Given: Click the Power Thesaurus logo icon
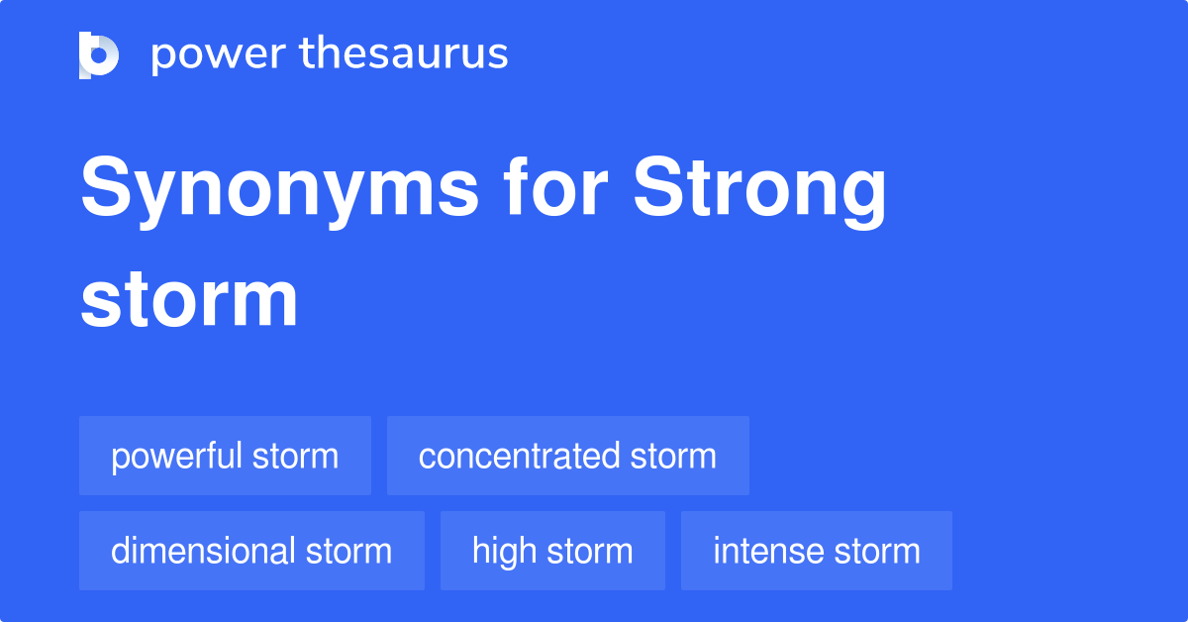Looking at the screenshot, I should pos(99,54).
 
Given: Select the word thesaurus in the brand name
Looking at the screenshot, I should pos(404,54).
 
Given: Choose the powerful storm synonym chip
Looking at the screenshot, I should pos(225,456).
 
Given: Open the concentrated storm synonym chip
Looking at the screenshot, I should pos(567,456).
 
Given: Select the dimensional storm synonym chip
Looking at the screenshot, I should pos(251,551).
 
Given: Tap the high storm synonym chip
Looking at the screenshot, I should pos(552,551).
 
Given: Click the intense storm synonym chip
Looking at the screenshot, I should pos(816,551).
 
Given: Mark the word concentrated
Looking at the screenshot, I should pos(519,456).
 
